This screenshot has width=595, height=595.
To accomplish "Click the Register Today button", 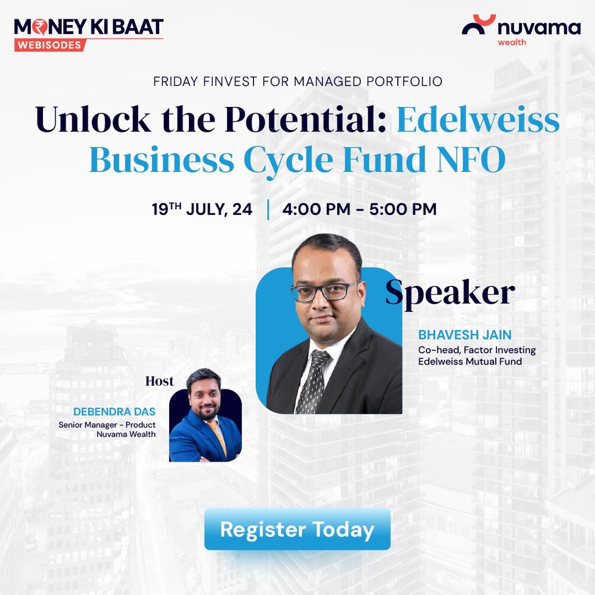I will tap(297, 529).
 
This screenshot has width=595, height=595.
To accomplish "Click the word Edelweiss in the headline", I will tap(478, 120).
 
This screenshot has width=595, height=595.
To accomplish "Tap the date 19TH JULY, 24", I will tap(202, 209).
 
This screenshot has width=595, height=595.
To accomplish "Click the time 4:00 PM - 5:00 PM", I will tap(359, 209).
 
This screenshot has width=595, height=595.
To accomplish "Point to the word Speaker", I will tap(450, 293).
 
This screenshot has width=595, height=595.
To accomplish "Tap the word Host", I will tap(160, 381).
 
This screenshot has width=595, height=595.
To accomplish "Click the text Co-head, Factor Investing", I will tap(476, 350).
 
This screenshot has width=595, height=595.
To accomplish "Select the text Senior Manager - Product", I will tap(107, 425).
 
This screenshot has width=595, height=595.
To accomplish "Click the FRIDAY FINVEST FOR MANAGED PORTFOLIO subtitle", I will tap(297, 81).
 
